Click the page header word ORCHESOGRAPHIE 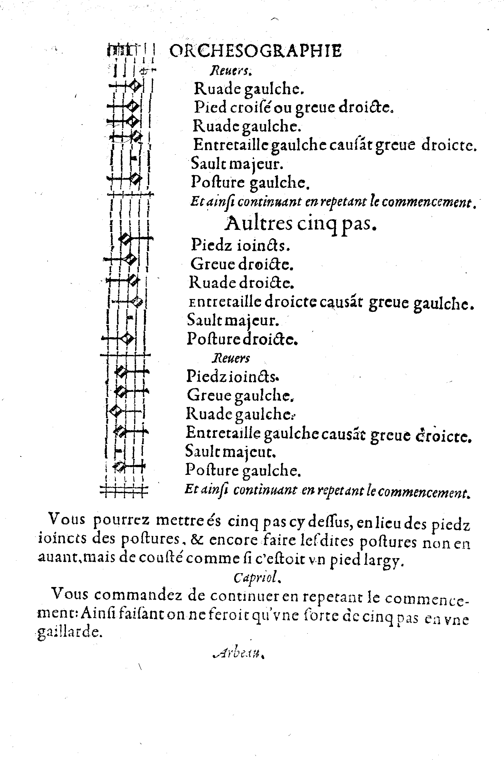(x=255, y=51)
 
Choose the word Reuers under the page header (x=231, y=70)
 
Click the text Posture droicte (x=242, y=339)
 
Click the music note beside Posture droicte (x=128, y=338)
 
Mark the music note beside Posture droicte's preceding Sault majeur (x=130, y=318)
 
